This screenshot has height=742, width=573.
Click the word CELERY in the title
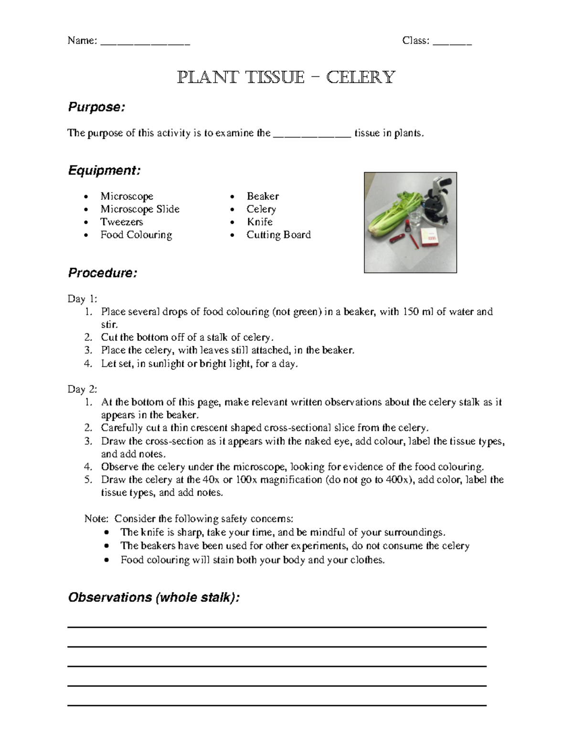(361, 77)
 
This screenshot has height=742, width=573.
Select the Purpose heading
(96, 107)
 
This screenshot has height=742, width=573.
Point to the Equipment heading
(104, 171)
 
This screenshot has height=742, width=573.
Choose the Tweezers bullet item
(121, 222)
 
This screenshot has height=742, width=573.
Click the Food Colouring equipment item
(136, 235)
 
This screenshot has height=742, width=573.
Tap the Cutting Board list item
(278, 235)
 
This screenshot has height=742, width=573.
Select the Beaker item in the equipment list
(263, 196)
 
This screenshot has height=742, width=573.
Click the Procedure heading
(103, 273)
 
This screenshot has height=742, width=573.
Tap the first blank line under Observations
(277, 626)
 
